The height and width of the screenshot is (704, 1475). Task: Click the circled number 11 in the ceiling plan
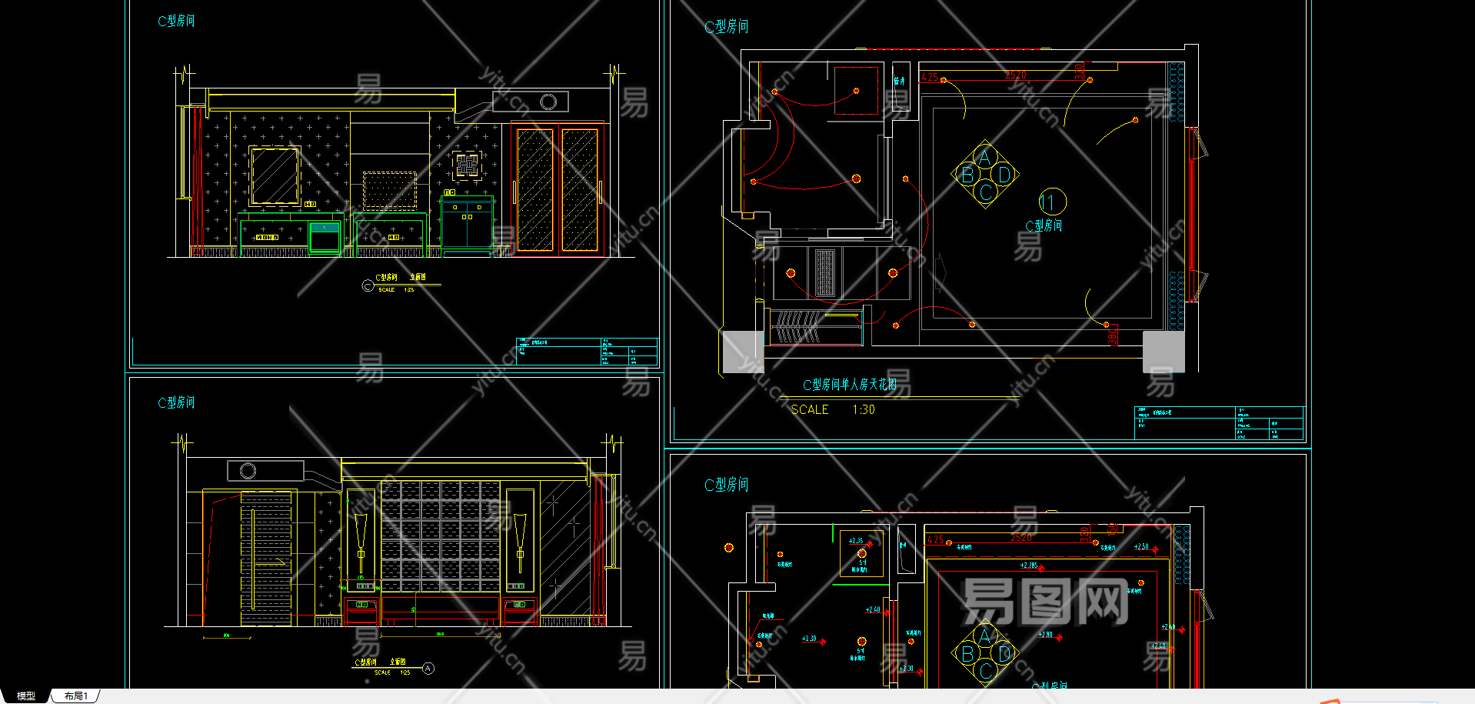click(x=1051, y=202)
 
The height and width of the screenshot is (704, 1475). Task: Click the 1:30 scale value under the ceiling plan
click(x=863, y=410)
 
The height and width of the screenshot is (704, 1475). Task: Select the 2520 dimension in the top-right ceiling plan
click(x=1015, y=75)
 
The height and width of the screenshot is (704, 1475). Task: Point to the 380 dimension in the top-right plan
click(x=1112, y=336)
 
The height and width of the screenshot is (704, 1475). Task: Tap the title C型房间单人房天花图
click(x=849, y=385)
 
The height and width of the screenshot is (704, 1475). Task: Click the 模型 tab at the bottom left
click(x=25, y=696)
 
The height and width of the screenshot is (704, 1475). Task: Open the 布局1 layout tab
click(x=75, y=696)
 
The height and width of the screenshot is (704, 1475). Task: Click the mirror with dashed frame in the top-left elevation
click(x=275, y=176)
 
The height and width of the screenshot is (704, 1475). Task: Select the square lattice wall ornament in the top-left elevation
click(x=467, y=165)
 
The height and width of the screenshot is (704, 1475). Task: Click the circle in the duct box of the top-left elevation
click(x=548, y=102)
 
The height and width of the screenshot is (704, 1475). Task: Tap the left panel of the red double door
click(x=534, y=190)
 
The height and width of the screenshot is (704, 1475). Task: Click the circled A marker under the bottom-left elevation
click(x=428, y=669)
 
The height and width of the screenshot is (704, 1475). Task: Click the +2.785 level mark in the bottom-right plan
click(x=1029, y=566)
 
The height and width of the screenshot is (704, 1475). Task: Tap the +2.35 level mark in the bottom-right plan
click(x=856, y=541)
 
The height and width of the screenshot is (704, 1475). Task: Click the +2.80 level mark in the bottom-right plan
click(x=1045, y=635)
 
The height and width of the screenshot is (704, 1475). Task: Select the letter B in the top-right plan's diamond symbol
click(x=967, y=175)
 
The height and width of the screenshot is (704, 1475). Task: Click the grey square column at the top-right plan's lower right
click(x=1164, y=352)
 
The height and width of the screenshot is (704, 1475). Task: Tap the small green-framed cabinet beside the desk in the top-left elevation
click(x=325, y=238)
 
